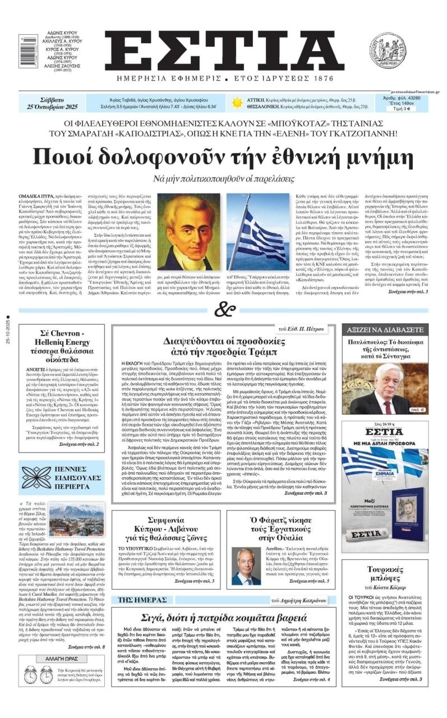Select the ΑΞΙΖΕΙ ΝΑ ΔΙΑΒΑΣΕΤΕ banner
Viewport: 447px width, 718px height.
(385, 329)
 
